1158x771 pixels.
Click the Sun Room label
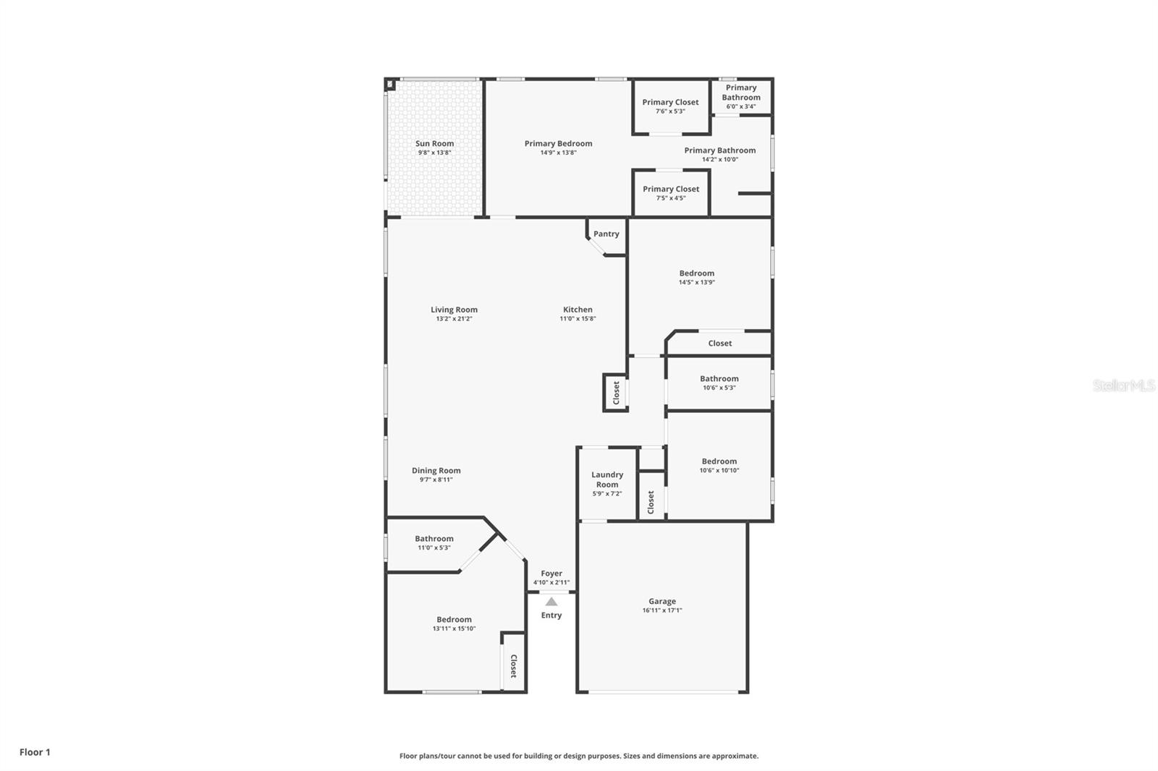point(435,144)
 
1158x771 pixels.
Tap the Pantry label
point(606,234)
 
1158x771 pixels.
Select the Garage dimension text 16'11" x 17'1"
point(662,610)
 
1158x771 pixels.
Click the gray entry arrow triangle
point(551,602)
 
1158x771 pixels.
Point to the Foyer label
point(551,574)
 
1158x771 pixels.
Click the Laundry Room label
point(607,480)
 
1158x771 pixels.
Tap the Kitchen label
point(578,310)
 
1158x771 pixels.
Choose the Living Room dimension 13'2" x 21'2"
point(454,319)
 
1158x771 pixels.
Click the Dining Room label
point(436,470)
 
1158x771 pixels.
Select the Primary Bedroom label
point(558,144)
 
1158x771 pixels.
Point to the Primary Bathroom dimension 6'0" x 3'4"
point(741,106)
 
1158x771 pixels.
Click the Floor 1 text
point(35,752)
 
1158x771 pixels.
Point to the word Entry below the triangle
point(551,615)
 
